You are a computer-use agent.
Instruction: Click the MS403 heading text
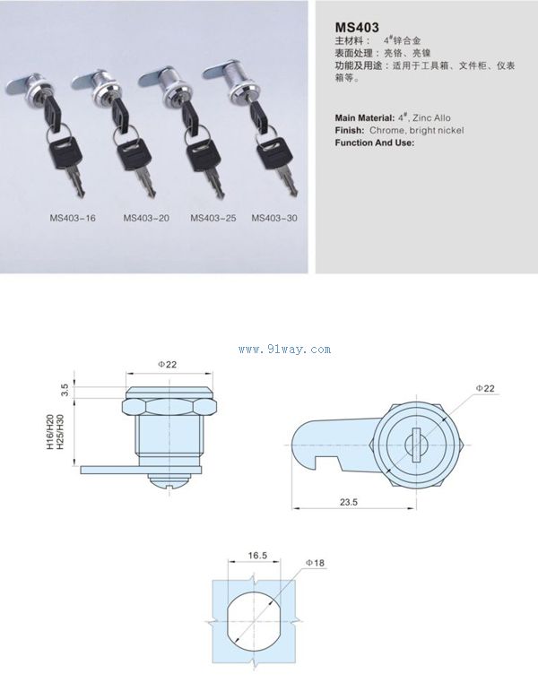click(x=357, y=28)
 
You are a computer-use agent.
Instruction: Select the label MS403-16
click(x=73, y=219)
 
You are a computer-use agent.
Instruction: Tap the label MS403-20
click(x=146, y=219)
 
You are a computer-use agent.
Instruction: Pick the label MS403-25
click(x=213, y=219)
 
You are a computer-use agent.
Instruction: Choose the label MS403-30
click(x=274, y=219)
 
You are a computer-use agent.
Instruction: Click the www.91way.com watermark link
click(x=285, y=350)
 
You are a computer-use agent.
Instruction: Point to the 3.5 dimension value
click(x=65, y=390)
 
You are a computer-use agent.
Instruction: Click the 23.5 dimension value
click(x=349, y=502)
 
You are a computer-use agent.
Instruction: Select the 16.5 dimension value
click(x=257, y=556)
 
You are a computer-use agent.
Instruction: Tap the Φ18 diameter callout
click(x=316, y=563)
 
